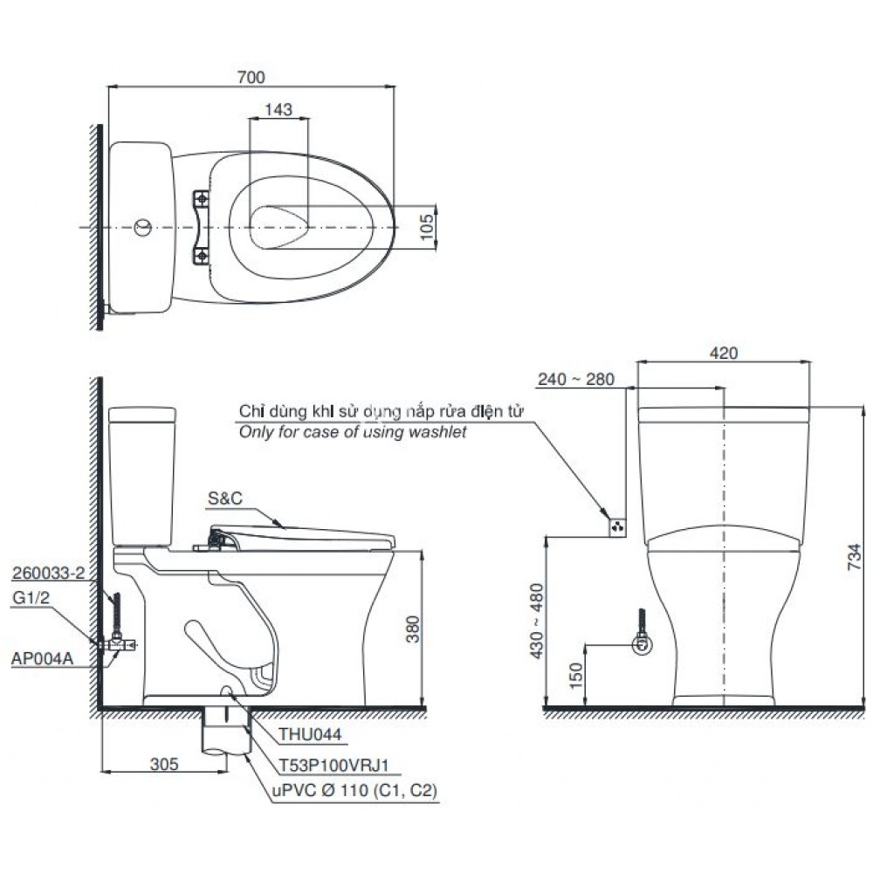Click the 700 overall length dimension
(x=251, y=78)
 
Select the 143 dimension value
(x=279, y=110)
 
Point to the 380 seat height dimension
(x=414, y=629)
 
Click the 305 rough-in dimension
(x=164, y=764)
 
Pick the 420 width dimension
(x=724, y=353)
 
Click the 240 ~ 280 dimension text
(x=576, y=380)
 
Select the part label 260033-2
(x=49, y=574)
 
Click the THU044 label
(x=311, y=736)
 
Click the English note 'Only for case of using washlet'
(x=353, y=431)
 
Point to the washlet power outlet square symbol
(x=618, y=526)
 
